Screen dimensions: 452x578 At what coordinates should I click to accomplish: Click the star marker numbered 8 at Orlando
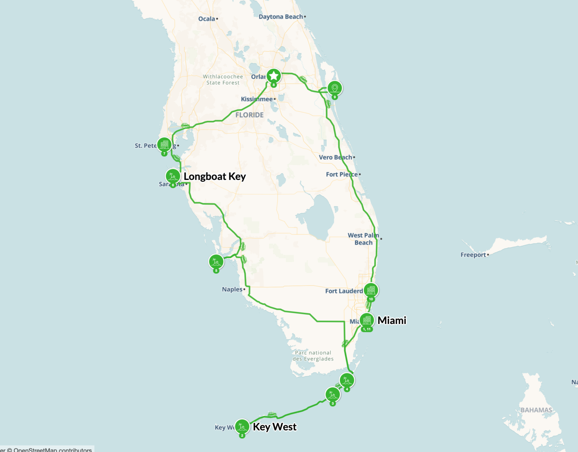[x=274, y=75]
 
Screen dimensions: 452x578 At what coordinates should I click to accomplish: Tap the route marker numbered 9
[x=335, y=88]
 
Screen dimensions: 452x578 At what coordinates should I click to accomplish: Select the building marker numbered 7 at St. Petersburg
[x=164, y=145]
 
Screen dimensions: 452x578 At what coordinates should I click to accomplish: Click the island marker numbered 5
[x=216, y=262]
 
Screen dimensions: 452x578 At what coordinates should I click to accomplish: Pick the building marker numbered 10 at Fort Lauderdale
[x=371, y=290]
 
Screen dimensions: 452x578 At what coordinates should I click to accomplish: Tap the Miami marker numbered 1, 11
[x=367, y=320]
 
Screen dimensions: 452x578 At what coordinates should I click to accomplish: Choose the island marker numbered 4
[x=347, y=380]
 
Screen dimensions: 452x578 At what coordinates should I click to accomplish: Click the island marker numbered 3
[x=332, y=395]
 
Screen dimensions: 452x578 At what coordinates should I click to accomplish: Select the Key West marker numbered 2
[x=242, y=427]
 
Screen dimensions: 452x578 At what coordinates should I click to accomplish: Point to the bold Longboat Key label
[x=215, y=177]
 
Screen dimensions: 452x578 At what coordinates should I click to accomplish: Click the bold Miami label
[x=392, y=320]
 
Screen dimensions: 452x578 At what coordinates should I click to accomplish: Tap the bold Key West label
[x=275, y=427]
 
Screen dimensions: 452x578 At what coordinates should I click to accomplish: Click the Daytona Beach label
[x=281, y=17]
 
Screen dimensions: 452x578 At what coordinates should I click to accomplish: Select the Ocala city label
[x=207, y=19]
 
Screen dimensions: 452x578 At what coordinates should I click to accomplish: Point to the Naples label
[x=232, y=289]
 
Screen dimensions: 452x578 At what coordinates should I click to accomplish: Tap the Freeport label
[x=473, y=255]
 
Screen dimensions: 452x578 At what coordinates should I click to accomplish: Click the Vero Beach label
[x=335, y=157]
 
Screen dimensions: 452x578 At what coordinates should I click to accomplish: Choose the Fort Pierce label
[x=342, y=174]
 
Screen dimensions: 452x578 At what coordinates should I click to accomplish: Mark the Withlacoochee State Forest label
[x=223, y=79]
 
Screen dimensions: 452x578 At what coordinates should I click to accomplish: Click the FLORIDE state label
[x=250, y=115]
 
